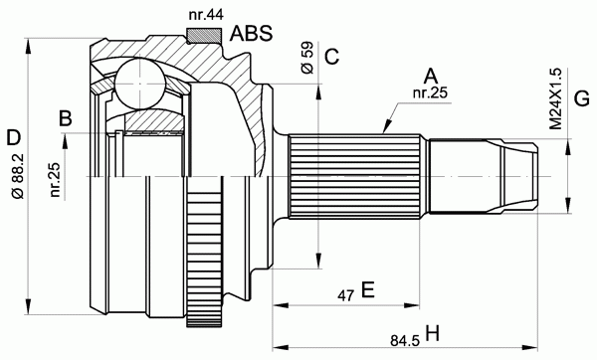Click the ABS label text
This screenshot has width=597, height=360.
click(x=252, y=34)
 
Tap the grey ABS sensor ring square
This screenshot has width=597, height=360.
click(x=204, y=35)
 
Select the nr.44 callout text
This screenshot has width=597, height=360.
click(x=206, y=15)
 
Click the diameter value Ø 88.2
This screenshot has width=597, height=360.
click(x=19, y=176)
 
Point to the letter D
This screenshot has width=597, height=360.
click(x=13, y=138)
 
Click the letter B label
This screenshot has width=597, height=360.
click(x=66, y=118)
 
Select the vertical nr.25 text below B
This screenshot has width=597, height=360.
click(x=56, y=179)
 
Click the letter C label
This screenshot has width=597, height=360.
click(x=331, y=57)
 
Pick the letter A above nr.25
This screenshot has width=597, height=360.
click(x=431, y=77)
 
